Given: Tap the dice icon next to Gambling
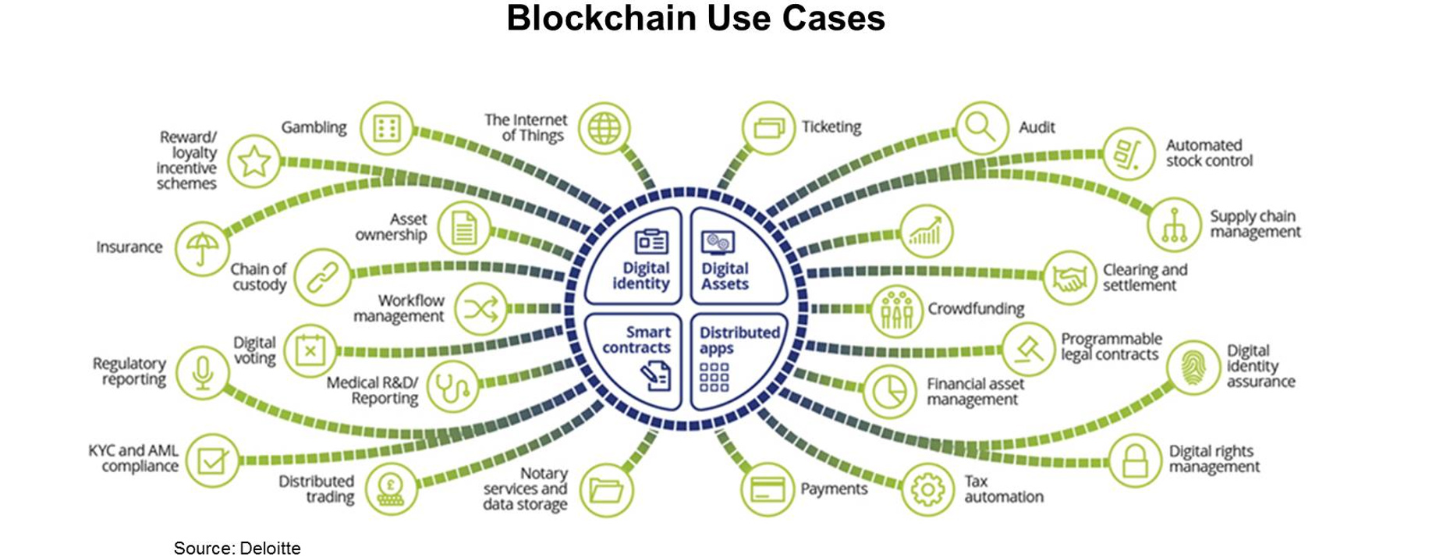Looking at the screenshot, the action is (387, 127).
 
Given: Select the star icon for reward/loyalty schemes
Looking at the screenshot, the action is (254, 162).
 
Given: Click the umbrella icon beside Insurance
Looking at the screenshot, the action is (201, 249).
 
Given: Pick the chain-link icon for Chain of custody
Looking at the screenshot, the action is (321, 276).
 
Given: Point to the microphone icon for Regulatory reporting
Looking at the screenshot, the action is (202, 373).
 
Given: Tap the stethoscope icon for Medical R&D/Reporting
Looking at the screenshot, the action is (453, 386).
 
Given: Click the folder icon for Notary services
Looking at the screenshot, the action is (606, 490).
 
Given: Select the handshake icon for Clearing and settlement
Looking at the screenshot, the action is (1069, 278).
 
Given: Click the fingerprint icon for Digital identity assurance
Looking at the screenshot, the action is (1193, 367).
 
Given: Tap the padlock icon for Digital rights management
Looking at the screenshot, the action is (1135, 460).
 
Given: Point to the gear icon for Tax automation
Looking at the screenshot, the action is (927, 490).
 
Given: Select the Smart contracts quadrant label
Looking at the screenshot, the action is (636, 340).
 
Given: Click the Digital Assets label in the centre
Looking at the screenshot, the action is (725, 276).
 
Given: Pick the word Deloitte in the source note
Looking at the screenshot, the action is (270, 548).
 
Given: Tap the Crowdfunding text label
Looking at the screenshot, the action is (976, 309).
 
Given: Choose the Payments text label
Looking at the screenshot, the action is (834, 489).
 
